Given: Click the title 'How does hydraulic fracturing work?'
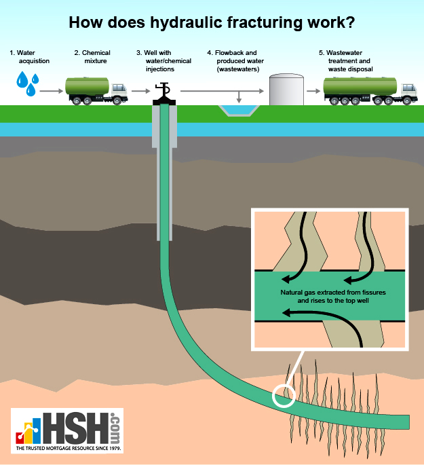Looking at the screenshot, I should pyautogui.click(x=212, y=22).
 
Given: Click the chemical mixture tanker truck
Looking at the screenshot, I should pyautogui.click(x=96, y=90).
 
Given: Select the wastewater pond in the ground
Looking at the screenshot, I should pyautogui.click(x=236, y=110).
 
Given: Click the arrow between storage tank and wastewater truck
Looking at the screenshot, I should pyautogui.click(x=313, y=90).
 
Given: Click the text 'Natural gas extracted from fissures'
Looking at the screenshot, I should pyautogui.click(x=329, y=292).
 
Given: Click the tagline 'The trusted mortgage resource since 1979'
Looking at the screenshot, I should pyautogui.click(x=68, y=449).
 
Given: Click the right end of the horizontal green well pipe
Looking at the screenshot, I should pyautogui.click(x=405, y=422).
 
